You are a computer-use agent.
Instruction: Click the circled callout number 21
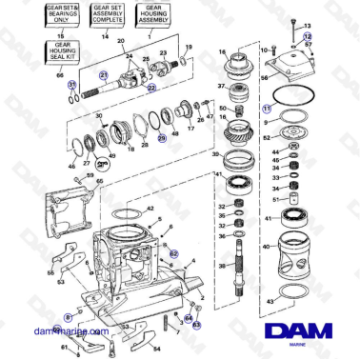click(x=104, y=73)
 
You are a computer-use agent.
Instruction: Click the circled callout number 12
click(x=307, y=35)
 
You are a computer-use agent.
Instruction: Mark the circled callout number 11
click(x=268, y=110)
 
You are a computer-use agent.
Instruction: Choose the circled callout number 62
click(x=174, y=252)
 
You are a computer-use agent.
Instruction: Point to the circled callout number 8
click(x=67, y=313)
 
